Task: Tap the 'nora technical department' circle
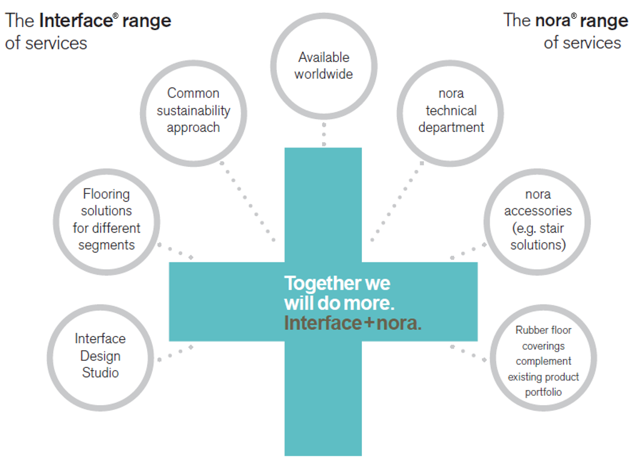click(x=450, y=112)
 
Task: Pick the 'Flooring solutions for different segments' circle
click(x=106, y=220)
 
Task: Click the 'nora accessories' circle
click(x=538, y=220)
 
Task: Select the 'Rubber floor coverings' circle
click(x=543, y=361)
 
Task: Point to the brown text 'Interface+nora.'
click(x=353, y=323)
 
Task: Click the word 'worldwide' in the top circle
click(x=324, y=75)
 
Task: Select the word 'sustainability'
click(x=194, y=111)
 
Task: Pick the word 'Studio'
click(x=100, y=373)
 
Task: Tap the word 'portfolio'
click(x=543, y=393)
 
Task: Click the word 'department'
click(x=451, y=128)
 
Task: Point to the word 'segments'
click(x=106, y=245)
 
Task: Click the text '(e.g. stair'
click(x=538, y=228)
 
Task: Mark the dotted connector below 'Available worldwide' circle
click(x=324, y=134)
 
